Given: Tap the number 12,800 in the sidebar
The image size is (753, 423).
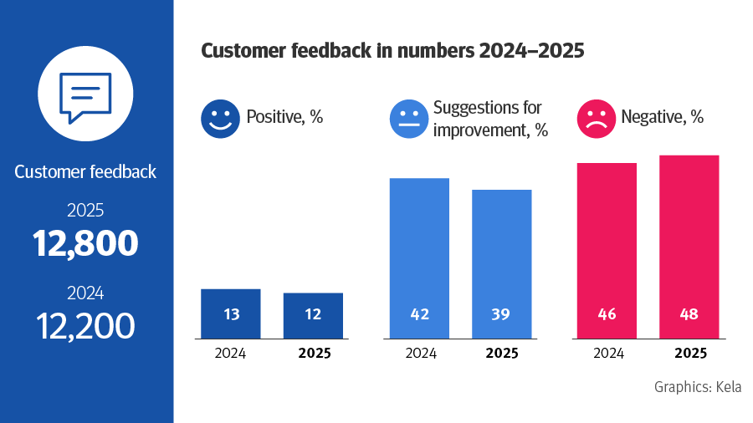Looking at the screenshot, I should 85,242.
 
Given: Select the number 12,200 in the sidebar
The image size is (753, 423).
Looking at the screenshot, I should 85,324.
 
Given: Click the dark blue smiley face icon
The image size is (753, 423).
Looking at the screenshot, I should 220,118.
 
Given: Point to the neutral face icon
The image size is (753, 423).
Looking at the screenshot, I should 409,118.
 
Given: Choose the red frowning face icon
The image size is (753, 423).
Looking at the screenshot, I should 597,118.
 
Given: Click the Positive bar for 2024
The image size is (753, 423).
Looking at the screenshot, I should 231,313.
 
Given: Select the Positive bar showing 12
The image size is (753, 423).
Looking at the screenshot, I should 313,315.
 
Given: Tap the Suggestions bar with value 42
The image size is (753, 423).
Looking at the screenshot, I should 419,258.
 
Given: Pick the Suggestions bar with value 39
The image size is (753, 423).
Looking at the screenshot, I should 502,264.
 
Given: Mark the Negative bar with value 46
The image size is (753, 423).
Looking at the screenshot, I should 607,251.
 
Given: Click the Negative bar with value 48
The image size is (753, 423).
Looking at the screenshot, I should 689,247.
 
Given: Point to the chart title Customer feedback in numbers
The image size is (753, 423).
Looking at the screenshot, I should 392,51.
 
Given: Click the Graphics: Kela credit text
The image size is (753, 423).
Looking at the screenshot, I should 698,387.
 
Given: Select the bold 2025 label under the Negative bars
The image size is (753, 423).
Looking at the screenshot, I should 689,353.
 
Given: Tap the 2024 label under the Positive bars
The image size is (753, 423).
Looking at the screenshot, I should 230,353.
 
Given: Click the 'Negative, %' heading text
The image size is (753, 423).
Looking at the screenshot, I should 662,118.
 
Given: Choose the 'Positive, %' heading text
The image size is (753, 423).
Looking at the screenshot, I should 284,118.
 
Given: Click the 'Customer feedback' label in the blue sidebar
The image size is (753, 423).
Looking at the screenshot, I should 85,172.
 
